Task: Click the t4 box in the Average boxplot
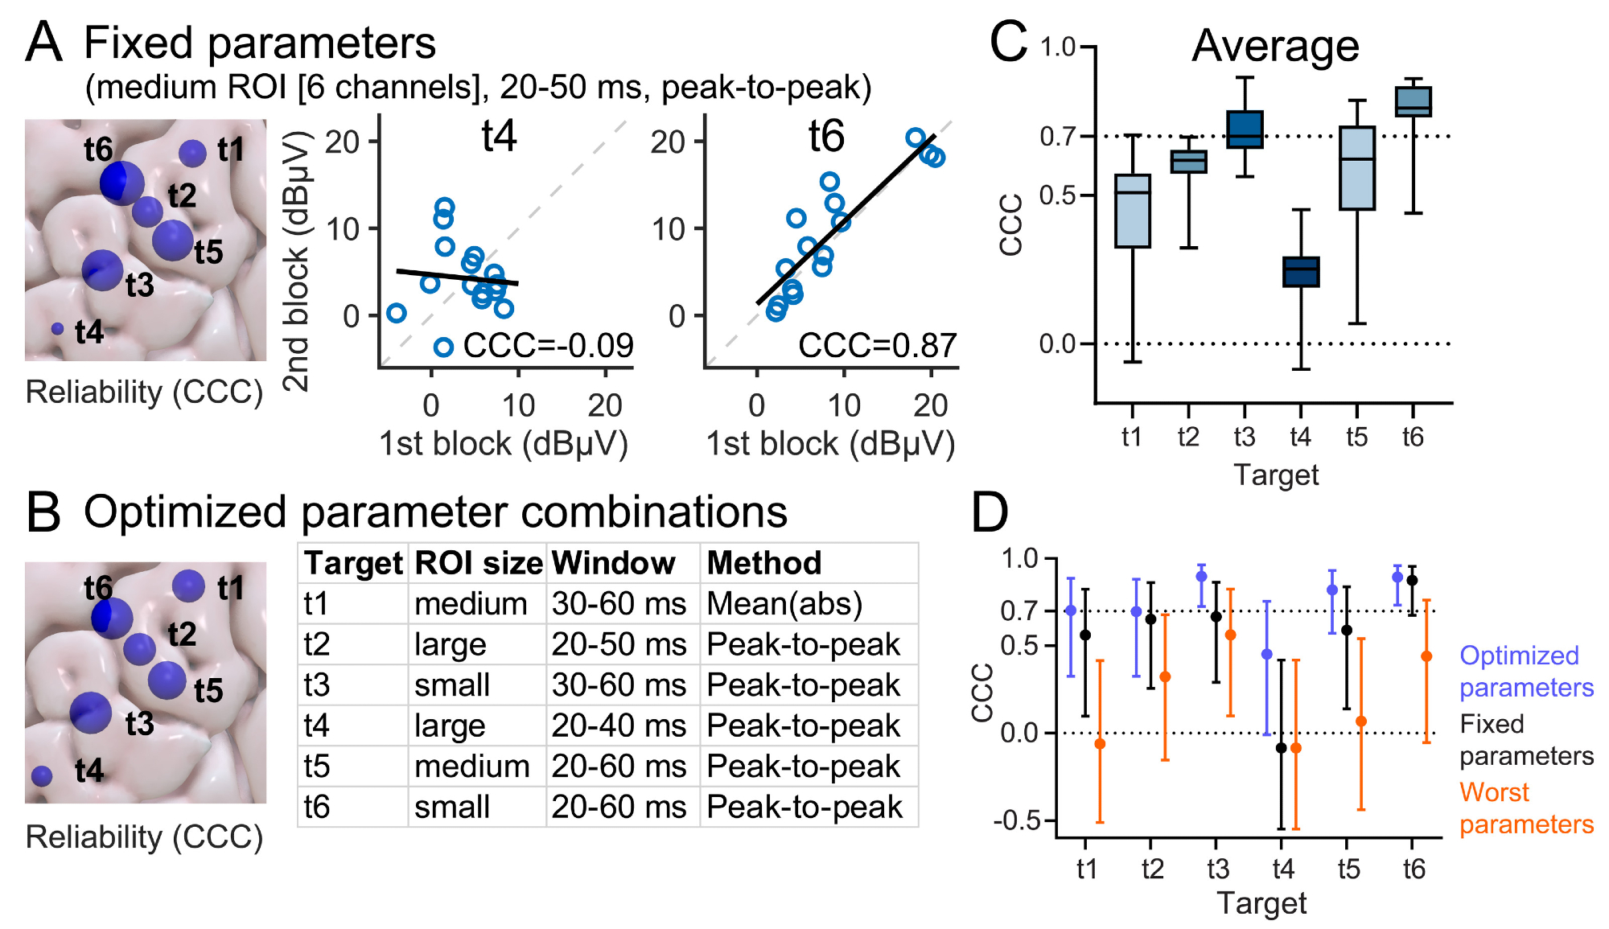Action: pos(1300,272)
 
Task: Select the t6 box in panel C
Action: pos(1413,102)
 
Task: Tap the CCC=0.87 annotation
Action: pos(877,346)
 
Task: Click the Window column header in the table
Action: pos(613,563)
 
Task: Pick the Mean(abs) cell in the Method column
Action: pos(784,604)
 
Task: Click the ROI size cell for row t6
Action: pos(452,807)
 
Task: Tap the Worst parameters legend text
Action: pos(1526,808)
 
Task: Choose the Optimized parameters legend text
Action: pos(1526,672)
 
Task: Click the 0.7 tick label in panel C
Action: pos(1057,137)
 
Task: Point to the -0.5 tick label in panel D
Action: pos(1017,820)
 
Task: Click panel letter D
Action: pos(990,512)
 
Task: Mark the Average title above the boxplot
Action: pos(1275,46)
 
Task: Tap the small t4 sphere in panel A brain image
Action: pos(57,329)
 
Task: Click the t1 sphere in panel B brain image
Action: pos(188,586)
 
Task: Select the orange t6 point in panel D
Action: pos(1426,656)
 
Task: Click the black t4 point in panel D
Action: pos(1281,748)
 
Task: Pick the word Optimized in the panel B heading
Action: pos(185,512)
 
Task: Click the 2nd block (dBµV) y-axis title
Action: pos(297,261)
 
